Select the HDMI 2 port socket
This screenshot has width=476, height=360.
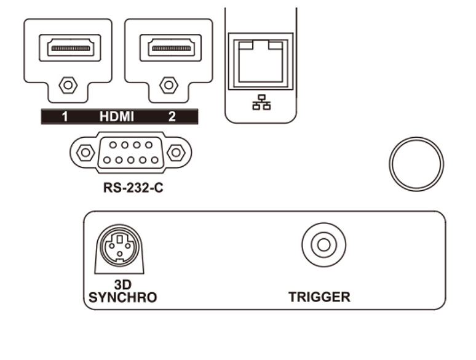tap(169, 47)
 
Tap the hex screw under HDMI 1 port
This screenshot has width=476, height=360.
tap(68, 84)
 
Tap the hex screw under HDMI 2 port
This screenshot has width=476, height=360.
tap(169, 84)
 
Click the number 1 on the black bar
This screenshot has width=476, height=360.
tap(65, 116)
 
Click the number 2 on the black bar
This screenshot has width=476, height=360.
tap(172, 116)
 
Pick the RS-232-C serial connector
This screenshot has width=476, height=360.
tap(130, 152)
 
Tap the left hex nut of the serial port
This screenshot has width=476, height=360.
tap(85, 151)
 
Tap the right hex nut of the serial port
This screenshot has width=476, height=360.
tap(176, 151)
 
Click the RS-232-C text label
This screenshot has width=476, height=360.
tap(130, 188)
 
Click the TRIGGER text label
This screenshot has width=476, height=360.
tap(319, 297)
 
